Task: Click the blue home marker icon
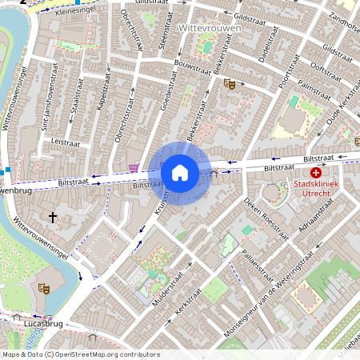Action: (x=180, y=172)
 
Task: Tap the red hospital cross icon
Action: (x=316, y=173)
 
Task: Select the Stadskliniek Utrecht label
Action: (x=316, y=190)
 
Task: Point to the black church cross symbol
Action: (x=54, y=217)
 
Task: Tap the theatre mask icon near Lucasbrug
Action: (x=43, y=286)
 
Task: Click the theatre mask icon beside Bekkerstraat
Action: (x=229, y=82)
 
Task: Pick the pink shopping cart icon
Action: (x=133, y=167)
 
